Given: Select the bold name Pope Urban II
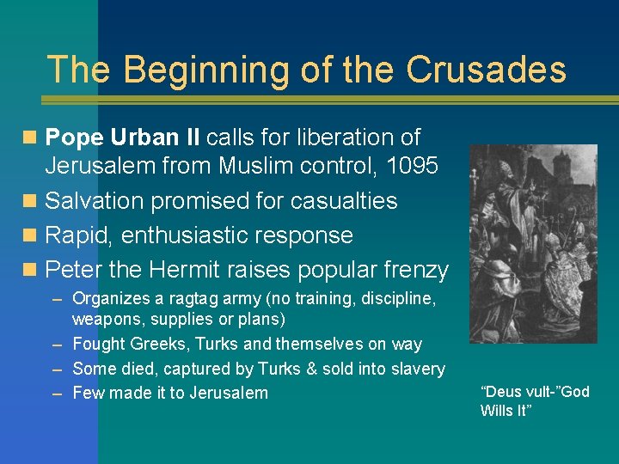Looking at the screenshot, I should (x=123, y=137).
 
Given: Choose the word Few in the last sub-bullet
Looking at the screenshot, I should (x=87, y=393).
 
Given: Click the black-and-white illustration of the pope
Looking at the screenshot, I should (x=533, y=244).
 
